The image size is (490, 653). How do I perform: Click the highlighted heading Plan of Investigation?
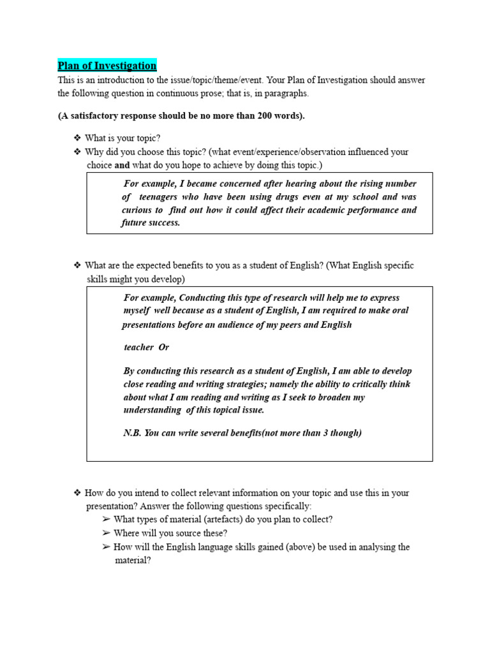click(x=107, y=66)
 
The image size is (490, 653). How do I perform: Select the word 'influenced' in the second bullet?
click(x=371, y=152)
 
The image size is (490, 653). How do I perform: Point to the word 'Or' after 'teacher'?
click(x=163, y=347)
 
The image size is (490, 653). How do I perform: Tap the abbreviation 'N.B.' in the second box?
click(x=132, y=432)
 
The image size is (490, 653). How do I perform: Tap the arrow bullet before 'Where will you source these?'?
click(x=106, y=533)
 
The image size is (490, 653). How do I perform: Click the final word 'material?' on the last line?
click(x=133, y=561)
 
